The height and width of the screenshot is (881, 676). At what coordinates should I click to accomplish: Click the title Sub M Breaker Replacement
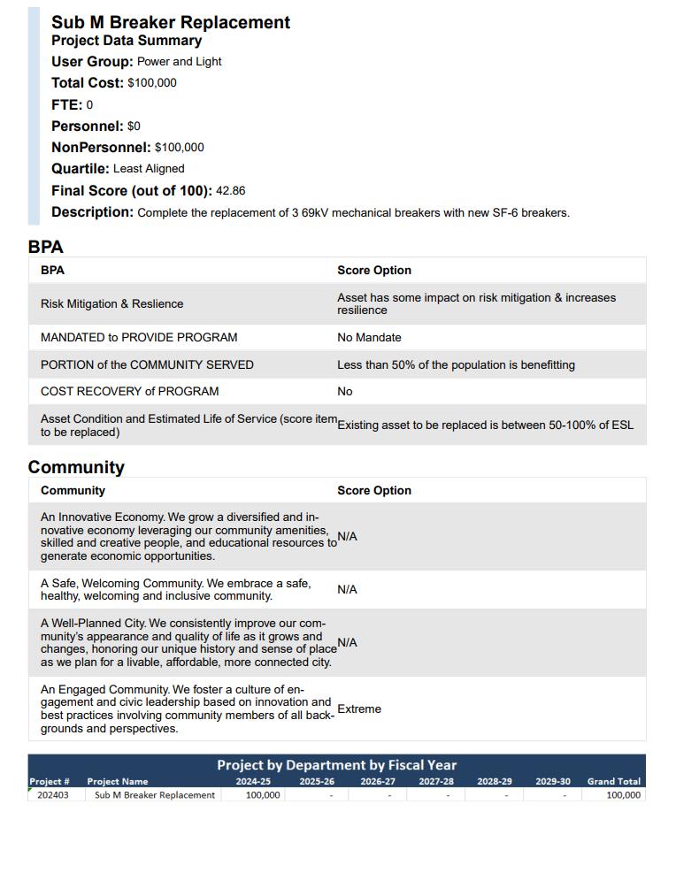click(x=170, y=22)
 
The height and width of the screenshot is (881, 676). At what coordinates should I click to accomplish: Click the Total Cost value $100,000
click(x=152, y=83)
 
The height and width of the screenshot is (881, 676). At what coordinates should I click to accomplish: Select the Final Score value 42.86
click(x=231, y=191)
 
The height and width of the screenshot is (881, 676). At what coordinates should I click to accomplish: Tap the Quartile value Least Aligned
click(x=149, y=169)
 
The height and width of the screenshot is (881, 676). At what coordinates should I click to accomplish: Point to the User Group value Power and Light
click(x=179, y=62)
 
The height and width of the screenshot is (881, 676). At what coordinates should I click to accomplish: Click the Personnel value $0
click(x=134, y=126)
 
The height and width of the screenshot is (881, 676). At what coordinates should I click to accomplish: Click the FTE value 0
click(x=89, y=105)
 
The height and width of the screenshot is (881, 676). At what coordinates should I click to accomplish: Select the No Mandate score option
click(x=369, y=338)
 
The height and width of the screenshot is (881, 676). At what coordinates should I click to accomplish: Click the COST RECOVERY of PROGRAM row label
click(x=129, y=391)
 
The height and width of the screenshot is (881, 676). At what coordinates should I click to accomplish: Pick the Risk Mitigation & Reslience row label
click(x=111, y=304)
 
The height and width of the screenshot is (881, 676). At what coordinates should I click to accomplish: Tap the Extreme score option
click(x=359, y=709)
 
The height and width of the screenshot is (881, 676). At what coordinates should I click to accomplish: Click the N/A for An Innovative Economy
click(x=347, y=537)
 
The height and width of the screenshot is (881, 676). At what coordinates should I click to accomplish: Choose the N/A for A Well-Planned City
click(x=347, y=643)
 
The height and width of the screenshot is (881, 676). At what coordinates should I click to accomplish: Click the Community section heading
click(x=76, y=467)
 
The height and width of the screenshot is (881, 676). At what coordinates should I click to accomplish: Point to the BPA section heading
click(x=46, y=247)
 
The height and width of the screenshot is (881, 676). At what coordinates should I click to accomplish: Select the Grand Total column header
click(x=613, y=782)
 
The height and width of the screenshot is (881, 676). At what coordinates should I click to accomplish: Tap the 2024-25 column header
click(x=253, y=782)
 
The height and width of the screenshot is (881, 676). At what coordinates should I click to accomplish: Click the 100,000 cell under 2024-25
click(x=263, y=795)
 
